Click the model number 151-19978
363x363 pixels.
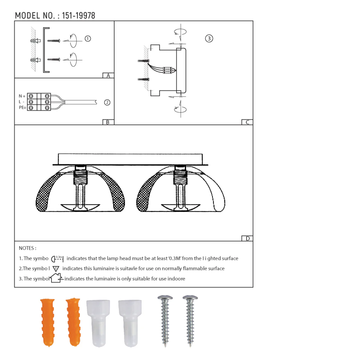tap(78, 16)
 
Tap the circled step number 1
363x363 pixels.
tap(88, 39)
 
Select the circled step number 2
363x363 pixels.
tap(107, 103)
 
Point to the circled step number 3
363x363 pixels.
tap(209, 38)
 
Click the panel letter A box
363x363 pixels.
tap(108, 76)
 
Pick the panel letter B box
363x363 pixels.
tap(108, 122)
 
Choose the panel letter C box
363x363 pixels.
tap(247, 122)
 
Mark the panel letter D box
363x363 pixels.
tap(247, 238)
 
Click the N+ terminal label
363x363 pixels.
tap(22, 96)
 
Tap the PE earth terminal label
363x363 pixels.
tap(22, 108)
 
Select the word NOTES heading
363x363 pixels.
tap(27, 248)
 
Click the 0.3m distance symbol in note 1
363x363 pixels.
tap(57, 259)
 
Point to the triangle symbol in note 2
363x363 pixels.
tap(56, 269)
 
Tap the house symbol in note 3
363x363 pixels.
tap(56, 278)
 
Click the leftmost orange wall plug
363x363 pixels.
tap(47, 322)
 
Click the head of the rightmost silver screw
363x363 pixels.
tap(190, 299)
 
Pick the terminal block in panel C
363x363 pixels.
tap(168, 70)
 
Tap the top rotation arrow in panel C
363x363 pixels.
tap(180, 31)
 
